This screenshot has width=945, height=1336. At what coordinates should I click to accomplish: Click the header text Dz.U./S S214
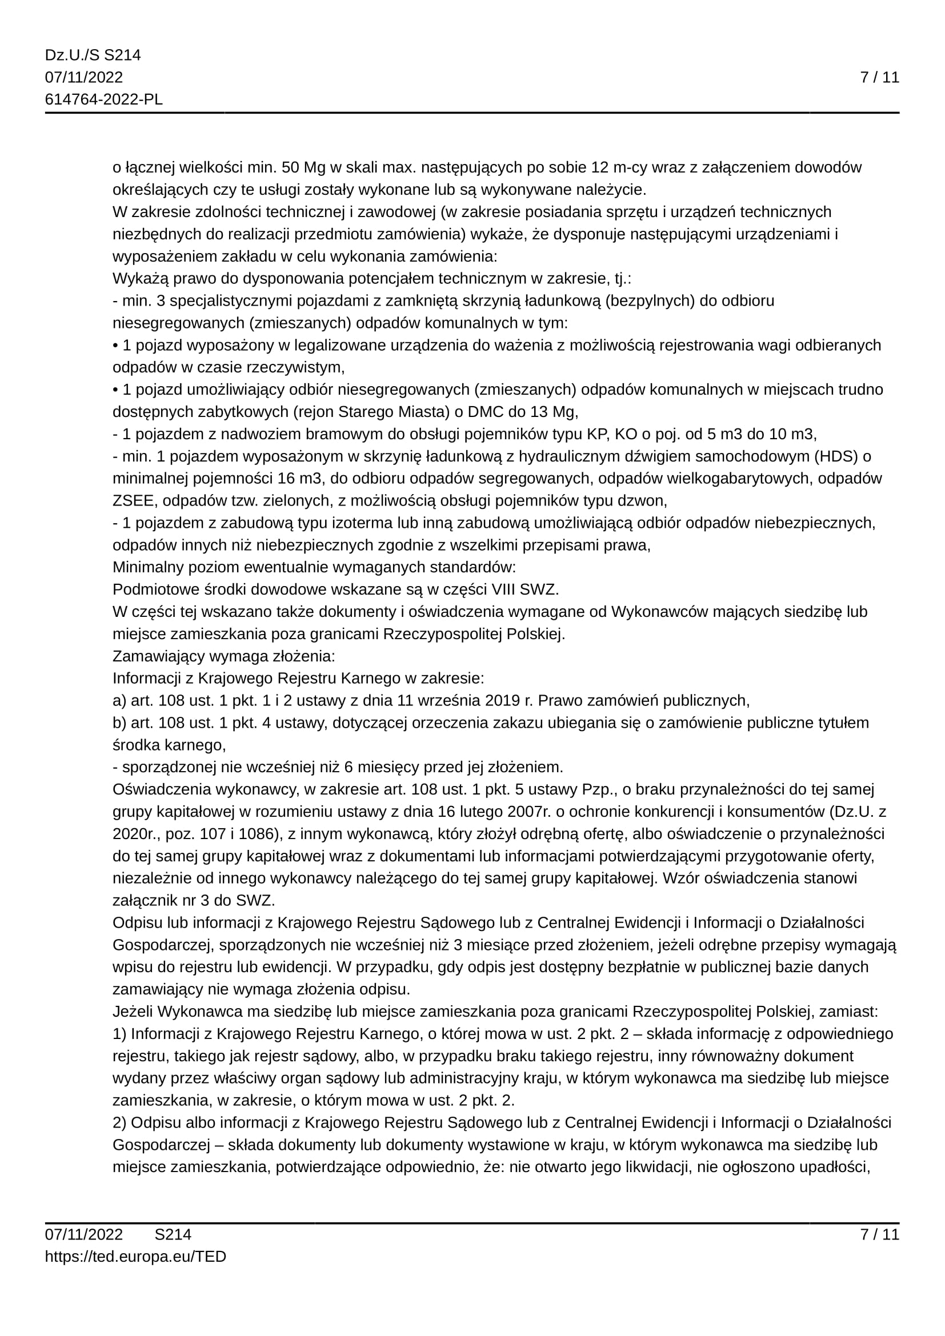pos(93,55)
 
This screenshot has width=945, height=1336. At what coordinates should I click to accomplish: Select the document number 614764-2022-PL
pos(103,99)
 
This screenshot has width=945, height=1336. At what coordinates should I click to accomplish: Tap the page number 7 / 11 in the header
pos(879,77)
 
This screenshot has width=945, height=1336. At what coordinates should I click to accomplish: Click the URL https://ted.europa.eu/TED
pos(135,1256)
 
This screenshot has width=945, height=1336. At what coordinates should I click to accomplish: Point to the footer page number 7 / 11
pos(879,1234)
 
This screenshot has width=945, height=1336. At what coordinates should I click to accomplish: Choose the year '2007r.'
pos(528,811)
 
